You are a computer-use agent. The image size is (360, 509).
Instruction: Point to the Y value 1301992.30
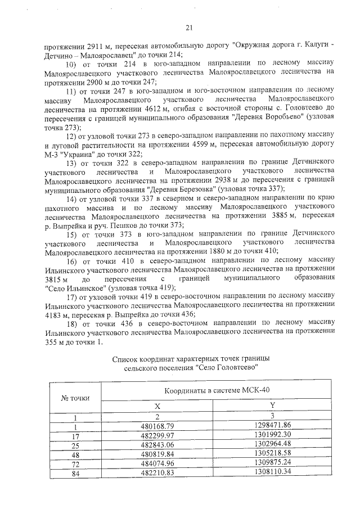272,435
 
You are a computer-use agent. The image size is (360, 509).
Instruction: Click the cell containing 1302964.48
272,445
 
